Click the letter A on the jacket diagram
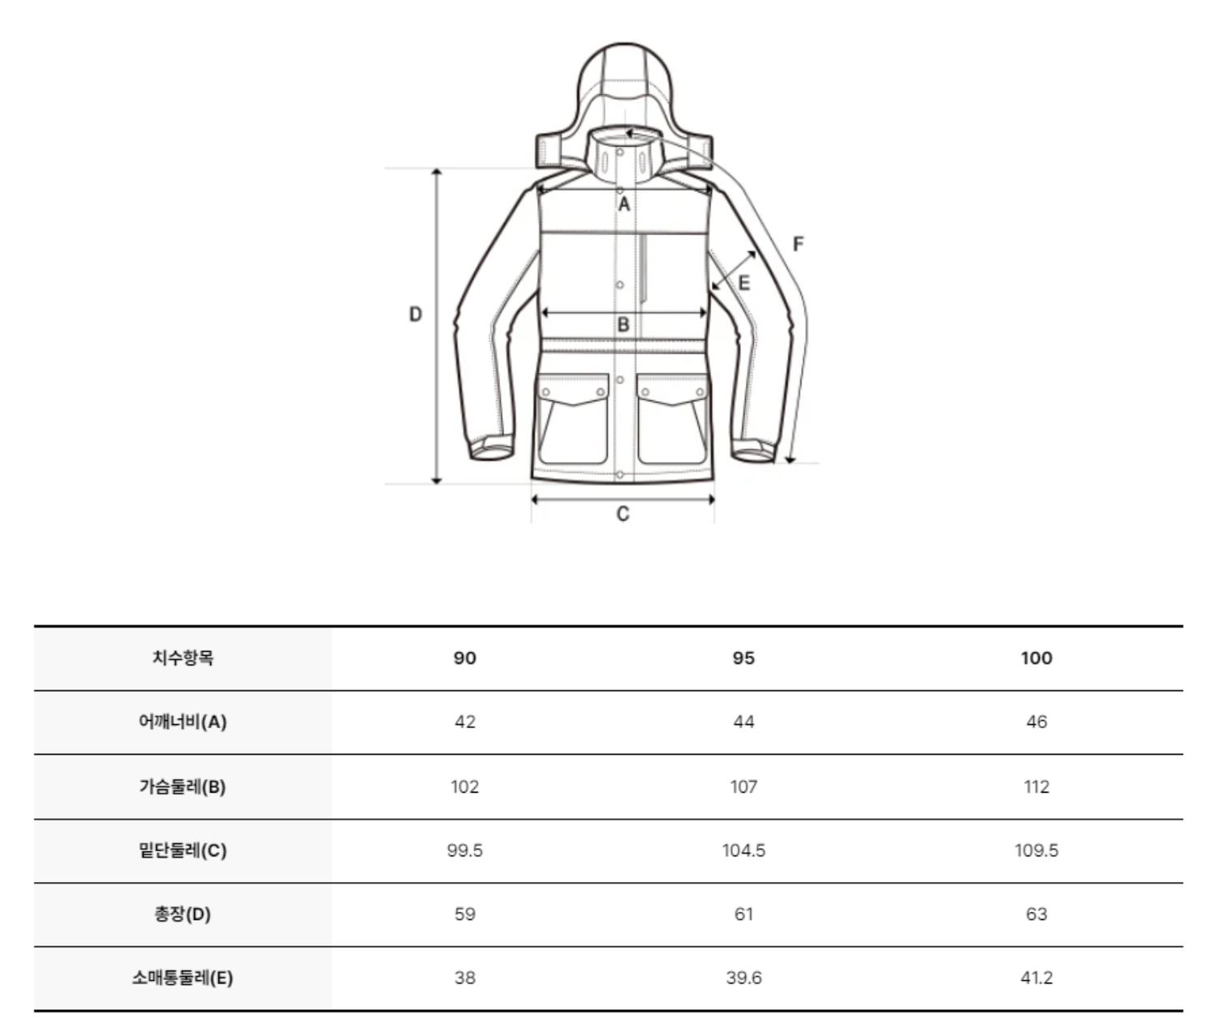coord(623,204)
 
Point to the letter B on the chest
coord(623,324)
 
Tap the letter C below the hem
coord(623,514)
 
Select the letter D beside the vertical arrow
coord(415,315)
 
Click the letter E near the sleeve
coord(743,283)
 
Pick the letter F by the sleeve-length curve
coord(798,243)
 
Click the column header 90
coord(465,658)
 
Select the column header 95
coord(743,658)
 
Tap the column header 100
coord(1037,658)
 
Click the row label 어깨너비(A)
coord(182,722)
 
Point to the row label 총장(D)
coord(182,914)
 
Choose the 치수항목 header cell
coord(183,658)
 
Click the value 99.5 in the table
coord(465,850)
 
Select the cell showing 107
coord(743,786)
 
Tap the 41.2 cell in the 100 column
coord(1037,978)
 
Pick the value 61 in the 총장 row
coord(743,914)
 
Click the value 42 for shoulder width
coord(465,722)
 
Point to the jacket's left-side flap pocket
coord(573,419)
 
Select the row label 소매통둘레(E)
coord(182,978)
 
